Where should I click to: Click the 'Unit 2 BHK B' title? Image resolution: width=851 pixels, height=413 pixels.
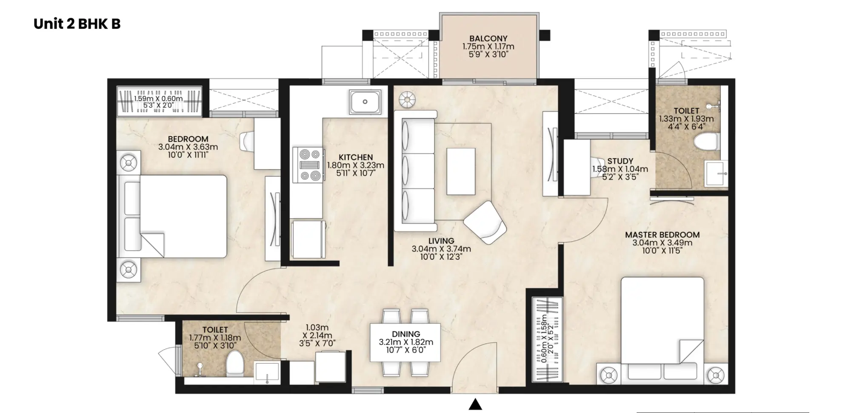[77, 24]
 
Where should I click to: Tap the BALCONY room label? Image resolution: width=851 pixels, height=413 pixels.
[488, 38]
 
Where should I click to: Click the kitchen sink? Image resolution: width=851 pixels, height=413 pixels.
[365, 102]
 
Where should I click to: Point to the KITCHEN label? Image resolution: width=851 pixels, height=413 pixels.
[356, 157]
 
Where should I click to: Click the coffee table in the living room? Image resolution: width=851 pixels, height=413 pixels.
[461, 171]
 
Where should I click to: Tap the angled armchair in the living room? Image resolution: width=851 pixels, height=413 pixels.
[485, 222]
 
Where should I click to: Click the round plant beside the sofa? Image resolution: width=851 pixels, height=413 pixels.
[407, 100]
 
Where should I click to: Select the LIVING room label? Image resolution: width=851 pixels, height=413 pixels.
[441, 241]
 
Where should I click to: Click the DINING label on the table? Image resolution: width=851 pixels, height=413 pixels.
[406, 334]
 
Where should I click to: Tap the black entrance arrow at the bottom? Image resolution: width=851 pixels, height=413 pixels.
[475, 404]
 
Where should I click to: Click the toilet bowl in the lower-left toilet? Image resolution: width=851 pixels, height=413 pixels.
[234, 364]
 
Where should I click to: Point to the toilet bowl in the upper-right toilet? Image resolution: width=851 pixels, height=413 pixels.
[706, 142]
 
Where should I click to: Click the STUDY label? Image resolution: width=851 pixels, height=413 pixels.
[620, 161]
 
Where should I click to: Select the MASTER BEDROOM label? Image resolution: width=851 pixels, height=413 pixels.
[662, 235]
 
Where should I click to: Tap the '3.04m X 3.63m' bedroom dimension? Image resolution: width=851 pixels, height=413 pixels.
[188, 147]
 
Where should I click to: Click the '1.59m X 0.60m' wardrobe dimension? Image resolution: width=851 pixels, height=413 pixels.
[158, 99]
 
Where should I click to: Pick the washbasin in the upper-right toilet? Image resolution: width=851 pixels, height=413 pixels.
[716, 174]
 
